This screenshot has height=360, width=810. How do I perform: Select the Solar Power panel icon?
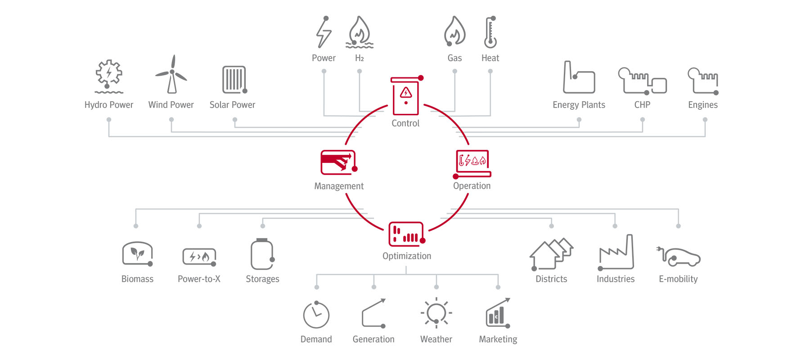pos(234,80)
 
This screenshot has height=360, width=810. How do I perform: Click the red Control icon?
pos(406,95)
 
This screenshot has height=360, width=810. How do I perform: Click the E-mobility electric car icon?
pos(679,256)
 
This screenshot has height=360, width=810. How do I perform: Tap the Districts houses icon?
pos(551,254)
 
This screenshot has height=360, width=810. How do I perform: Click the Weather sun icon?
pos(436,313)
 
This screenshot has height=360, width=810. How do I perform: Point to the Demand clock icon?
pos(316,315)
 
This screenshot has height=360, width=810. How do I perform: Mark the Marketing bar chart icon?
pos(498,313)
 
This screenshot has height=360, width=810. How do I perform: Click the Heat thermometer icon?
pos(490,32)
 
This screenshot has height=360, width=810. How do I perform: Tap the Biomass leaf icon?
pos(138,254)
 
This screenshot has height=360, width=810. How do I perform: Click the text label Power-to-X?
pos(199,279)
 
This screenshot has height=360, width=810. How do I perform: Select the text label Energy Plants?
pos(579,105)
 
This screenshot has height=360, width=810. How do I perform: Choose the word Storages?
pos(262,279)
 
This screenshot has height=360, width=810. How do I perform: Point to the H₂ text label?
pos(359,58)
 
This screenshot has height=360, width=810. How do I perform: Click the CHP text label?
pos(642,105)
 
